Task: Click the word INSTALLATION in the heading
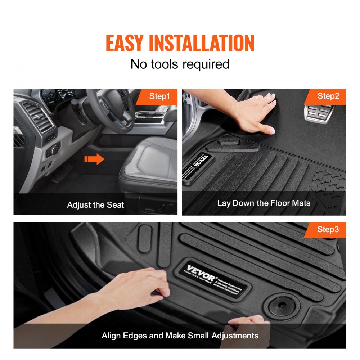point(202,43)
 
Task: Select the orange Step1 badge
point(159,96)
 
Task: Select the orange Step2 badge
point(328,96)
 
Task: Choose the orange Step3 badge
point(328,230)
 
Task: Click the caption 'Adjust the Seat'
point(95,205)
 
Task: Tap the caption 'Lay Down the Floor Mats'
point(264,203)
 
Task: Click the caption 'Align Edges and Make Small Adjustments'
point(180,336)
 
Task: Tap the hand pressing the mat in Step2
point(256,112)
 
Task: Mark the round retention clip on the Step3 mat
point(282,306)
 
